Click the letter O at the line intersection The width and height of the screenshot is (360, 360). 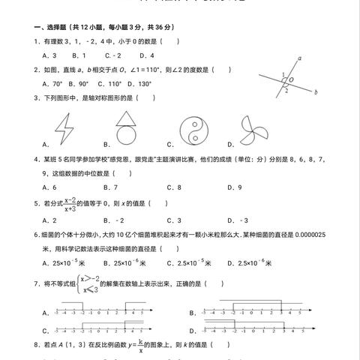291,78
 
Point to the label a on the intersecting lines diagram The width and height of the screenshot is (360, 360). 299,58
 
